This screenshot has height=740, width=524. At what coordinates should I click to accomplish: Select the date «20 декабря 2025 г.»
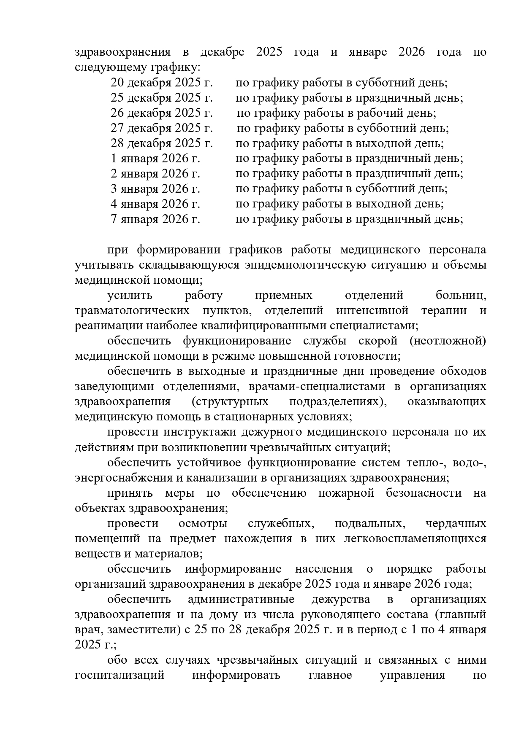tap(161, 83)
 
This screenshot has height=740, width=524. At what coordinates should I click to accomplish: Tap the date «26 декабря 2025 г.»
tap(161, 113)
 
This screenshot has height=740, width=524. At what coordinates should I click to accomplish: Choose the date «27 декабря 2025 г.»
tap(161, 128)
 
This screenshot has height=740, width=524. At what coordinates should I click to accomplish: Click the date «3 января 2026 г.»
tap(155, 189)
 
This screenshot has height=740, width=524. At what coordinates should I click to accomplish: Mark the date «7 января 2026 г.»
tap(155, 219)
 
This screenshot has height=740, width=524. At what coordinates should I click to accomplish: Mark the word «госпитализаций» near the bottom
tap(119, 675)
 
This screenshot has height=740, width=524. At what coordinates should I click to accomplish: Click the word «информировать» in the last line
tap(236, 675)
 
